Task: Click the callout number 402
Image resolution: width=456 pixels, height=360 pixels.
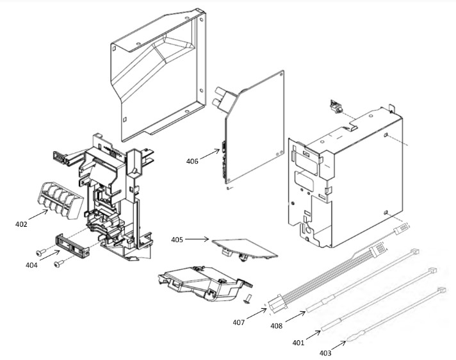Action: click(21, 224)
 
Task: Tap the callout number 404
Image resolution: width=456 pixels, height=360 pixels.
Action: click(31, 265)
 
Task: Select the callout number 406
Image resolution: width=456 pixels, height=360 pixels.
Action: click(192, 161)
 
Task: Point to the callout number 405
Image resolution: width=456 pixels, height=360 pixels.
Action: click(177, 240)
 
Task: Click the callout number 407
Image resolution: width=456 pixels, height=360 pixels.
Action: click(239, 322)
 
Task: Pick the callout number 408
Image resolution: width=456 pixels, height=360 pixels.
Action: click(277, 326)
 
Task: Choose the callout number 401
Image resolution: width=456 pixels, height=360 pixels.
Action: click(298, 343)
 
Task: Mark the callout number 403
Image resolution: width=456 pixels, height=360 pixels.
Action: click(325, 353)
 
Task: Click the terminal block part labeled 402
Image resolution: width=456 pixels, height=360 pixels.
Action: click(60, 200)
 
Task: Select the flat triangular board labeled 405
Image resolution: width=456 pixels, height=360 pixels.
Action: click(244, 248)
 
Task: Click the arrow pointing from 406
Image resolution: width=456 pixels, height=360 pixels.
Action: click(209, 154)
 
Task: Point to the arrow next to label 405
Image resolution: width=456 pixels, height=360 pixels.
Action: click(197, 240)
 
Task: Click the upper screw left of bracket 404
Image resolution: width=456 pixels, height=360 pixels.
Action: click(41, 252)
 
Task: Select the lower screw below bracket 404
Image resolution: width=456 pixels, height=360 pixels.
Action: click(59, 263)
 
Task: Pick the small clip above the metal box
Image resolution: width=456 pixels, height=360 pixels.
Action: click(336, 106)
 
